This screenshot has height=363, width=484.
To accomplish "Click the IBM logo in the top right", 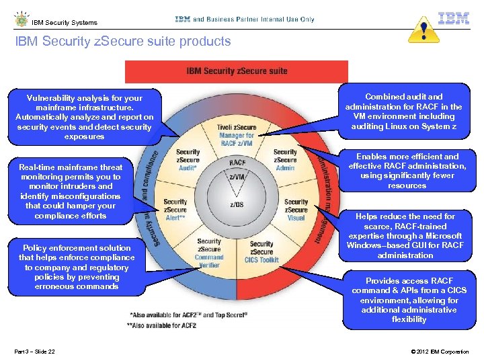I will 454,18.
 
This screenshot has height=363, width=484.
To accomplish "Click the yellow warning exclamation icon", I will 424,30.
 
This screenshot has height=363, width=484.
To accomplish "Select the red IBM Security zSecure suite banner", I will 237,71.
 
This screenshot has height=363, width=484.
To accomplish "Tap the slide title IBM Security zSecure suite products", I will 123,42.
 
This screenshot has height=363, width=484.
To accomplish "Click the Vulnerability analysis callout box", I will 84,117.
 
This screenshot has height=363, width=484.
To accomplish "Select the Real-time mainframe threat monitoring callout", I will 71,192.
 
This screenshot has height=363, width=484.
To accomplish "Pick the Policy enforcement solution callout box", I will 77,268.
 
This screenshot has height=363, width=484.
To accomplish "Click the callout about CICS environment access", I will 409,300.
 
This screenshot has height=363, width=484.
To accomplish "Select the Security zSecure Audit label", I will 188,160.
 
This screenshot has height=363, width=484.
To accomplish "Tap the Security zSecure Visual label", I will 295,210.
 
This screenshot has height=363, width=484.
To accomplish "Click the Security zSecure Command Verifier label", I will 209,253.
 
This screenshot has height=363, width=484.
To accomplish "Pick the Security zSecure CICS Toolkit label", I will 261,252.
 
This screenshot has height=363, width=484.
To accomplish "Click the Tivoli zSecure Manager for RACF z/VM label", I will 237,136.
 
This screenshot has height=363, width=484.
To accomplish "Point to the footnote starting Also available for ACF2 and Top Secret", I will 189,315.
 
